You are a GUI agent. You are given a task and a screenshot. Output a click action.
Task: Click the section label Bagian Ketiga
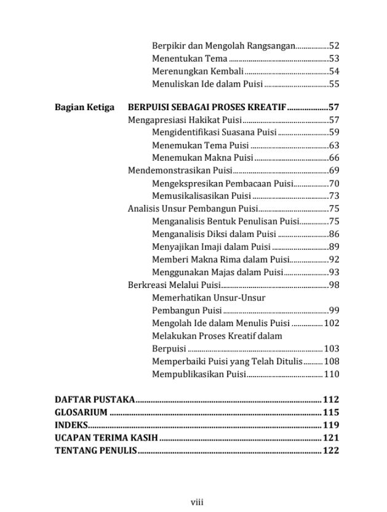pyautogui.click(x=84, y=107)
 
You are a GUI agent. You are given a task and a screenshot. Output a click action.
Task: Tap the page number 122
pyautogui.click(x=331, y=451)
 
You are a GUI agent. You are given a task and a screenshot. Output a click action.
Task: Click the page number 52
pyautogui.click(x=334, y=46)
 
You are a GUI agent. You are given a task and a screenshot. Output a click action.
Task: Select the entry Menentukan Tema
pyautogui.click(x=190, y=58)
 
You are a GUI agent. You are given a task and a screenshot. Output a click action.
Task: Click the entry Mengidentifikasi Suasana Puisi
pyautogui.click(x=214, y=132)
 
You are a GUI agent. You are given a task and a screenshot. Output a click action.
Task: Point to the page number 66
pyautogui.click(x=334, y=158)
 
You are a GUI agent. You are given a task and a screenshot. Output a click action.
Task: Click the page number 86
pyautogui.click(x=334, y=234)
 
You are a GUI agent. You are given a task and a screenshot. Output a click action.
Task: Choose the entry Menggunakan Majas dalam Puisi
pyautogui.click(x=217, y=272)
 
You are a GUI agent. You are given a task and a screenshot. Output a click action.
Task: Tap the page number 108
pyautogui.click(x=331, y=361)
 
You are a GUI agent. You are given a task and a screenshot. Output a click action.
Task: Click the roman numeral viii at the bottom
pyautogui.click(x=197, y=502)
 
